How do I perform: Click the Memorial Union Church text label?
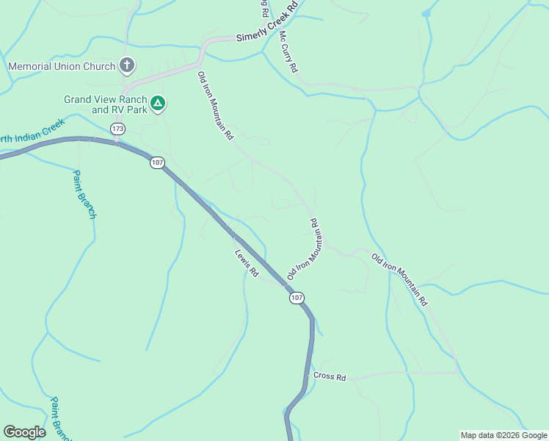(62, 66)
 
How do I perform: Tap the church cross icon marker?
(127, 66)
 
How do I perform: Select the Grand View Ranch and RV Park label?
(106, 104)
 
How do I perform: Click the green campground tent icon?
(158, 104)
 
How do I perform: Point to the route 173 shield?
(117, 129)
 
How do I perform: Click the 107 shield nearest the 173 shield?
(157, 162)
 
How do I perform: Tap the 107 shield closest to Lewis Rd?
(296, 298)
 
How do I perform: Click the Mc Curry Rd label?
(288, 51)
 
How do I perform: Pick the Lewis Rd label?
(247, 263)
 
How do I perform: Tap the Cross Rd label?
(329, 376)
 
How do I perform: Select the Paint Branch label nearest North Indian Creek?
(84, 195)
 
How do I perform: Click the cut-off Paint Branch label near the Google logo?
(60, 419)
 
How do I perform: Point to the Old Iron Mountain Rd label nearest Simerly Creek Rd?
(215, 105)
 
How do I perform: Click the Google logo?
(24, 432)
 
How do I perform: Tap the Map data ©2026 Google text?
(503, 435)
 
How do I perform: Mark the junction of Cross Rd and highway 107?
(306, 379)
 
